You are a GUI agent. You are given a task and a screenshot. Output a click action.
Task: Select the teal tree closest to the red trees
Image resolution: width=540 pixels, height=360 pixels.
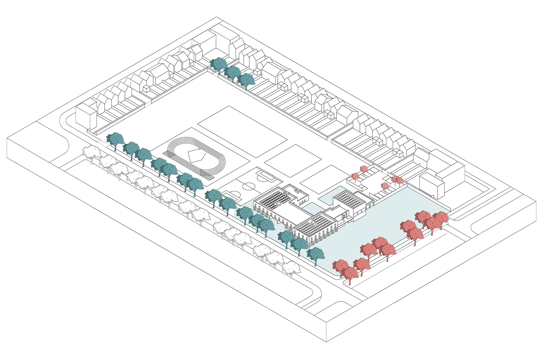315,254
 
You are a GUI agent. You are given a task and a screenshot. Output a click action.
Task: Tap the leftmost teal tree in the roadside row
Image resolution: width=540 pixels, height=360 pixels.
115,140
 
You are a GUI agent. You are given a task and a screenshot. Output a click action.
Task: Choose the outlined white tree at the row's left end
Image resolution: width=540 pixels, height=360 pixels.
91,152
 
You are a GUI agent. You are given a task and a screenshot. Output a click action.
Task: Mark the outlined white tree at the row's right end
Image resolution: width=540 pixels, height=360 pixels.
291,268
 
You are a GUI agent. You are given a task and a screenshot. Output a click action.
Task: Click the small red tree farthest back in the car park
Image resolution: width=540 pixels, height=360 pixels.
364,169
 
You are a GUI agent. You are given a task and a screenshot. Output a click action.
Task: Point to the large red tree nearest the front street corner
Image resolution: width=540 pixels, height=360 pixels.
350,273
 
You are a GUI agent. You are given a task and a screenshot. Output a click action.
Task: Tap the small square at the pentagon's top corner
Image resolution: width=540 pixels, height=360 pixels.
200,149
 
